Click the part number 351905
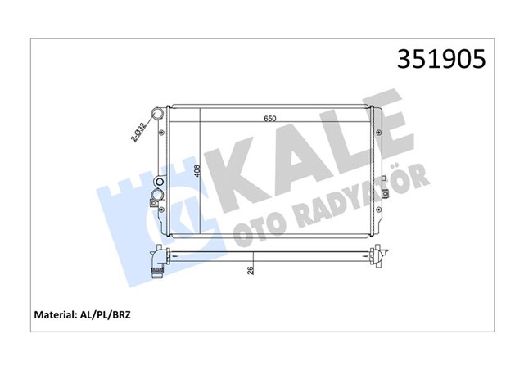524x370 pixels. pos(441,60)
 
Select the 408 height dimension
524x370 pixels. pos(196,171)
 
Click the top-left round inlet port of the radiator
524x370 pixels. pos(157,113)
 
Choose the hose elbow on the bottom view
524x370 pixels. pos(157,264)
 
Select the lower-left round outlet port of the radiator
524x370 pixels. pos(157,196)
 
